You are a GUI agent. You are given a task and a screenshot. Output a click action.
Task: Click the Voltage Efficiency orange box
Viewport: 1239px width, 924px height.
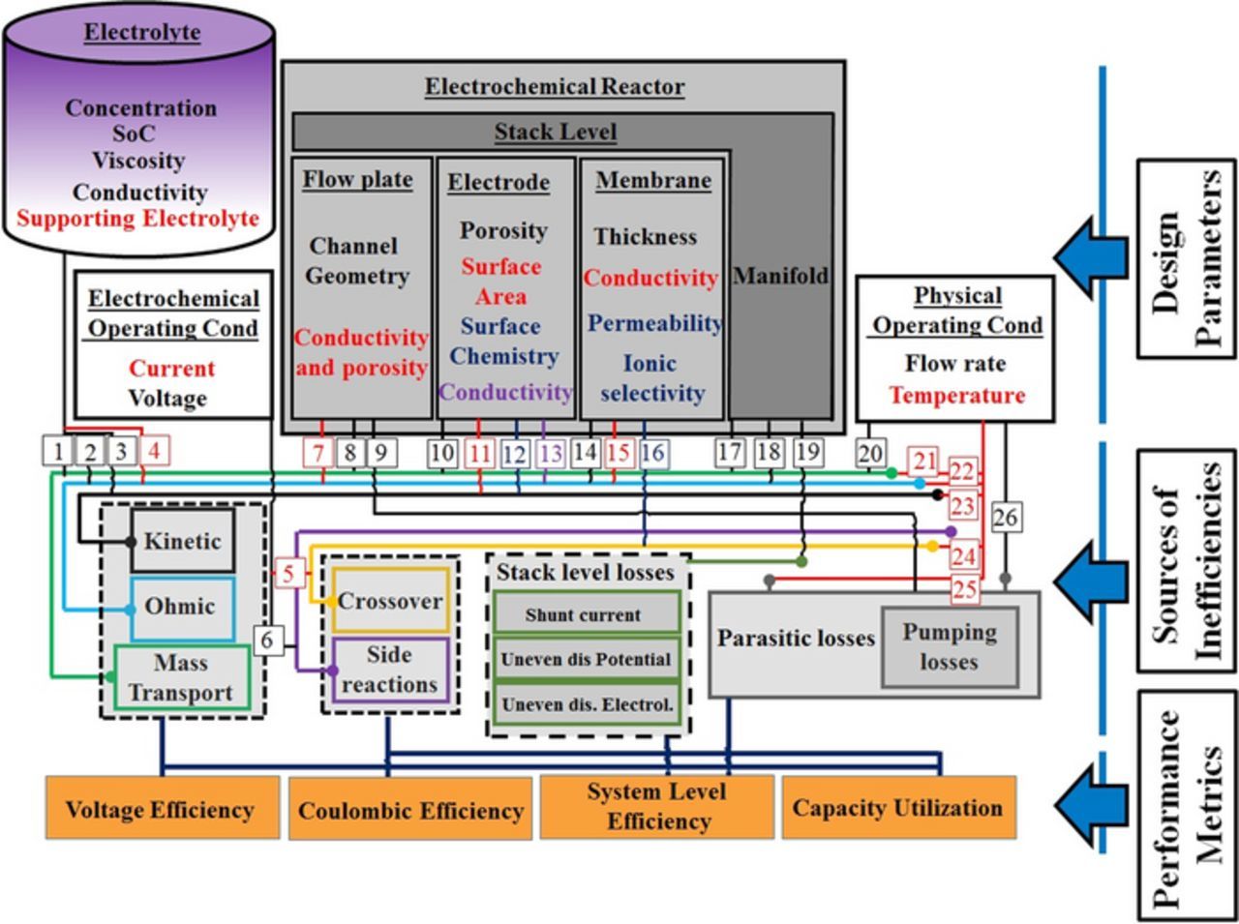pyautogui.click(x=162, y=808)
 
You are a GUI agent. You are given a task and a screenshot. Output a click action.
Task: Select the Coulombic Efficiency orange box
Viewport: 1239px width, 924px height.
pyautogui.click(x=410, y=809)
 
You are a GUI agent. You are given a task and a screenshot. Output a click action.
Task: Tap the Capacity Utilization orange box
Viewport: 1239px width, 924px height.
pyautogui.click(x=898, y=807)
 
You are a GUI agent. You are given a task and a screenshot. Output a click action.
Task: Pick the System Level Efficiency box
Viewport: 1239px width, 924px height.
pyautogui.click(x=656, y=806)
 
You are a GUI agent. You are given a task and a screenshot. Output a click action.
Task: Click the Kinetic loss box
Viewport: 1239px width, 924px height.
pyautogui.click(x=182, y=541)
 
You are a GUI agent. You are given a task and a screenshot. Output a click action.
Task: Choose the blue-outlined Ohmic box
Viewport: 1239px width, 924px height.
pyautogui.click(x=181, y=608)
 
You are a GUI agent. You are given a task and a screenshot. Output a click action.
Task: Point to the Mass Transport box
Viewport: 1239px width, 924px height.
pyautogui.click(x=181, y=677)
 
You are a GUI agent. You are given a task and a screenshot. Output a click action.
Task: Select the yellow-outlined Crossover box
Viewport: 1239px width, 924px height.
pyautogui.click(x=390, y=601)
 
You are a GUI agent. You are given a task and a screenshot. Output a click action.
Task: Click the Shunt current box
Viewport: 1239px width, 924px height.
pyautogui.click(x=585, y=614)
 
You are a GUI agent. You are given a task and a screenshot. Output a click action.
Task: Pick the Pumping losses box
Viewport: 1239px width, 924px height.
pyautogui.click(x=949, y=647)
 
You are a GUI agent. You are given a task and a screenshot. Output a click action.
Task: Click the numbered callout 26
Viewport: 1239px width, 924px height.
pyautogui.click(x=1005, y=518)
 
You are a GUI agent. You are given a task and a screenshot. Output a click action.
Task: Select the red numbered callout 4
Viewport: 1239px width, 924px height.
pyautogui.click(x=152, y=450)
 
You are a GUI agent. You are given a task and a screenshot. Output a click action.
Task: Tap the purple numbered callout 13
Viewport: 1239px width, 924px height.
pyautogui.click(x=550, y=453)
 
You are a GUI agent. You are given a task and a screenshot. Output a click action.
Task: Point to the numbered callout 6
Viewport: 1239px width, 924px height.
pyautogui.click(x=268, y=640)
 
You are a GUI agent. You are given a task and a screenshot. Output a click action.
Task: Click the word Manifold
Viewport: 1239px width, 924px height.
pyautogui.click(x=780, y=276)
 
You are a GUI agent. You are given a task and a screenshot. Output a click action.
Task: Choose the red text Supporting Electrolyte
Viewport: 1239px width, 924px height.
pyautogui.click(x=138, y=218)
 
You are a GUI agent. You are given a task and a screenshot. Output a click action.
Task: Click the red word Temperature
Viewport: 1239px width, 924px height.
pyautogui.click(x=956, y=395)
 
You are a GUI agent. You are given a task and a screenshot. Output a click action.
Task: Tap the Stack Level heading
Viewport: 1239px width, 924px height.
pyautogui.click(x=556, y=132)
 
